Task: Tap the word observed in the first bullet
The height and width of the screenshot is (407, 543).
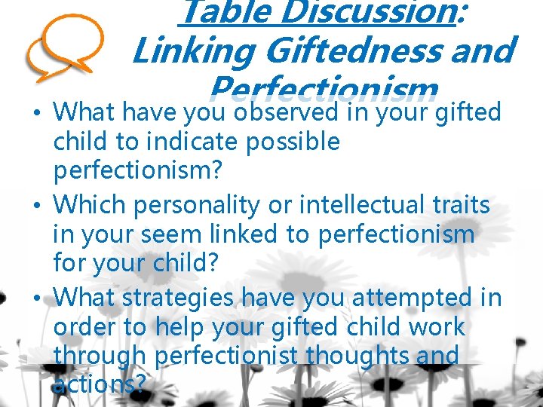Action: click(x=287, y=112)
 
